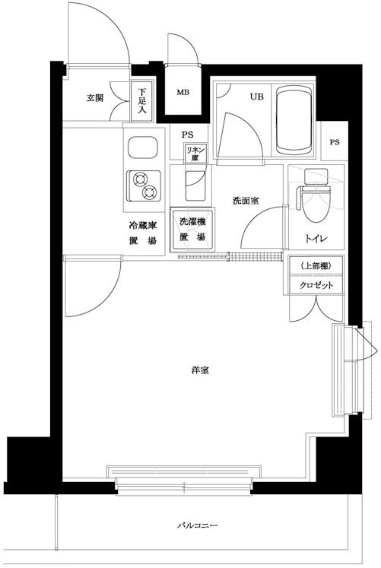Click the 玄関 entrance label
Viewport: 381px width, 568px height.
click(x=94, y=98)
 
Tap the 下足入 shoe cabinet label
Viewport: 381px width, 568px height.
click(x=142, y=100)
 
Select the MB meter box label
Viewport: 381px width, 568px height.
click(x=183, y=94)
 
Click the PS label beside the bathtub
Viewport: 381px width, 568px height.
click(x=335, y=142)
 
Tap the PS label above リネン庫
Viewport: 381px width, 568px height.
click(x=187, y=135)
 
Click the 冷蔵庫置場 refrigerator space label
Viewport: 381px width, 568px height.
click(x=142, y=233)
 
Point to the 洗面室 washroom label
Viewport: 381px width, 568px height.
click(x=246, y=201)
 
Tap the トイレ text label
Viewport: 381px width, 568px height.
click(x=316, y=239)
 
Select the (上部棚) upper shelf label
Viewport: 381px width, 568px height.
click(x=316, y=266)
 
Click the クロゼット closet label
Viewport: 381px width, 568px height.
click(x=316, y=285)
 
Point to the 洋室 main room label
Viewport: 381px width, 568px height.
click(x=201, y=371)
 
